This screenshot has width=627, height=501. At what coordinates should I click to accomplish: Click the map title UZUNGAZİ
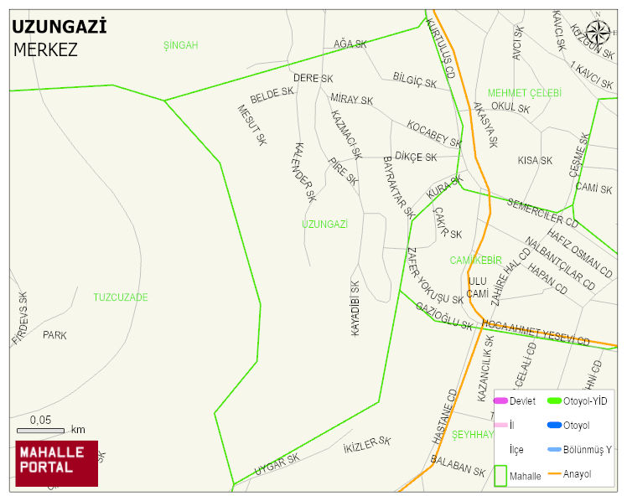click(59, 27)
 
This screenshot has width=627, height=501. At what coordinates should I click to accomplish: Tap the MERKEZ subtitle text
click(45, 49)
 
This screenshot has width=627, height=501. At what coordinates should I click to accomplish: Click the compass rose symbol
click(598, 33)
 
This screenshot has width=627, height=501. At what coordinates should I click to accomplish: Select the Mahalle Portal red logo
click(56, 463)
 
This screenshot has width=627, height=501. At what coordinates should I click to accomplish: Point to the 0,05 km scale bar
click(41, 430)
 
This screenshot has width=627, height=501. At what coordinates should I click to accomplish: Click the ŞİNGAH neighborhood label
click(180, 45)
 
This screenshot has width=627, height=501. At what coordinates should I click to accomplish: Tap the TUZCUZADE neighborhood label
click(120, 297)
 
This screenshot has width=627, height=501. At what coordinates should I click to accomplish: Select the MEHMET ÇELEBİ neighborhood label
click(525, 93)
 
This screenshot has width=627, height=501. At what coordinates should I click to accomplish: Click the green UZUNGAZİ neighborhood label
click(324, 225)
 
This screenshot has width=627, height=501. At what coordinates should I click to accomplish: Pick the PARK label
click(54, 335)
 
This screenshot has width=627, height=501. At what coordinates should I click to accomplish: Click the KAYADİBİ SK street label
click(355, 308)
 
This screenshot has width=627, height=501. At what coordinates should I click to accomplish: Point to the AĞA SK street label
click(350, 44)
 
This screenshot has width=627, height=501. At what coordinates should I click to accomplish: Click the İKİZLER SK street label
click(367, 446)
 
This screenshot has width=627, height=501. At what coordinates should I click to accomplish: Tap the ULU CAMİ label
click(478, 287)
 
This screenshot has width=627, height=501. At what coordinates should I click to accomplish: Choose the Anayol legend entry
click(576, 474)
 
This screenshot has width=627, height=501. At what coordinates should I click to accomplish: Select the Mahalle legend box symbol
click(500, 475)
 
